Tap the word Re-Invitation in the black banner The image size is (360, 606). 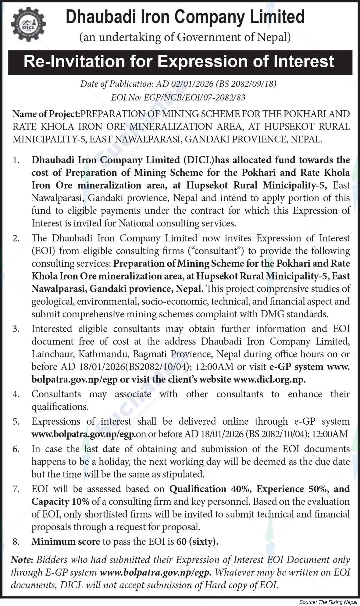click(74, 62)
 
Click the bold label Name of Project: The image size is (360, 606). click(46, 114)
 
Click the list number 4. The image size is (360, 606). click(16, 394)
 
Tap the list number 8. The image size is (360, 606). click(16, 542)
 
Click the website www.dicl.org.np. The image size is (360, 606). click(269, 380)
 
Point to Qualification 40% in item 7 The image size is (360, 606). click(198, 489)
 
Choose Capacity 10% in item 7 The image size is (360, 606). click(60, 502)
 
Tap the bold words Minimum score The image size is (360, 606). click(66, 542)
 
